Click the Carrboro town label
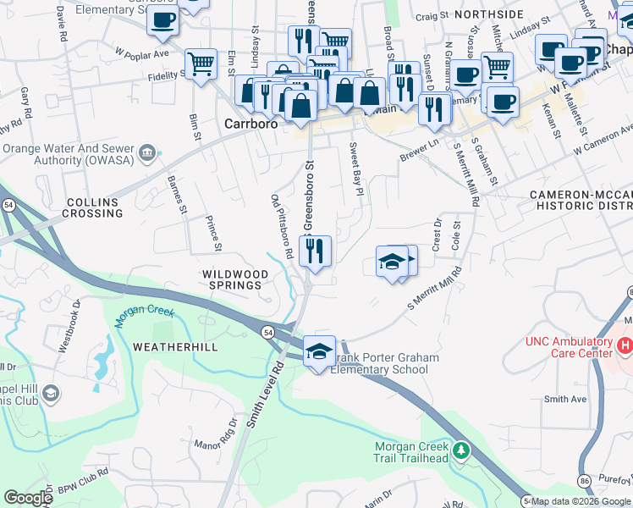point(251,124)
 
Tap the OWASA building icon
point(148,153)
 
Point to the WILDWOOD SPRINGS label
point(235,280)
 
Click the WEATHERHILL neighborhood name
point(175,347)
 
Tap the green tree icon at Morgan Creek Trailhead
point(460,451)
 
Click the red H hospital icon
point(625,345)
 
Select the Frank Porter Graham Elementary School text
point(385,364)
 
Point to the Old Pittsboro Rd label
point(281,226)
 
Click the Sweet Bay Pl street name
point(355,170)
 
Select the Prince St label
point(213,234)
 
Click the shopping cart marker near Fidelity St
point(201,63)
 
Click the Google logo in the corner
point(29,498)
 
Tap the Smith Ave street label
point(565,399)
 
